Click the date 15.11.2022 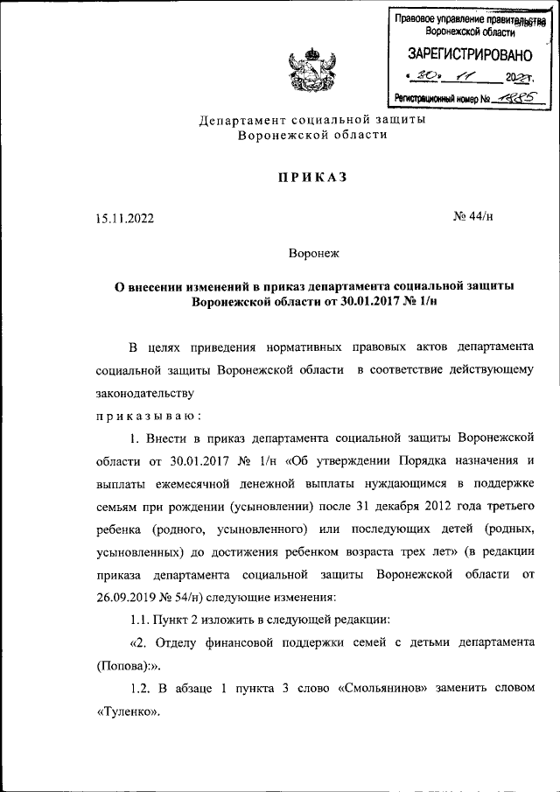click(x=125, y=219)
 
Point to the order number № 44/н click(x=474, y=219)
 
